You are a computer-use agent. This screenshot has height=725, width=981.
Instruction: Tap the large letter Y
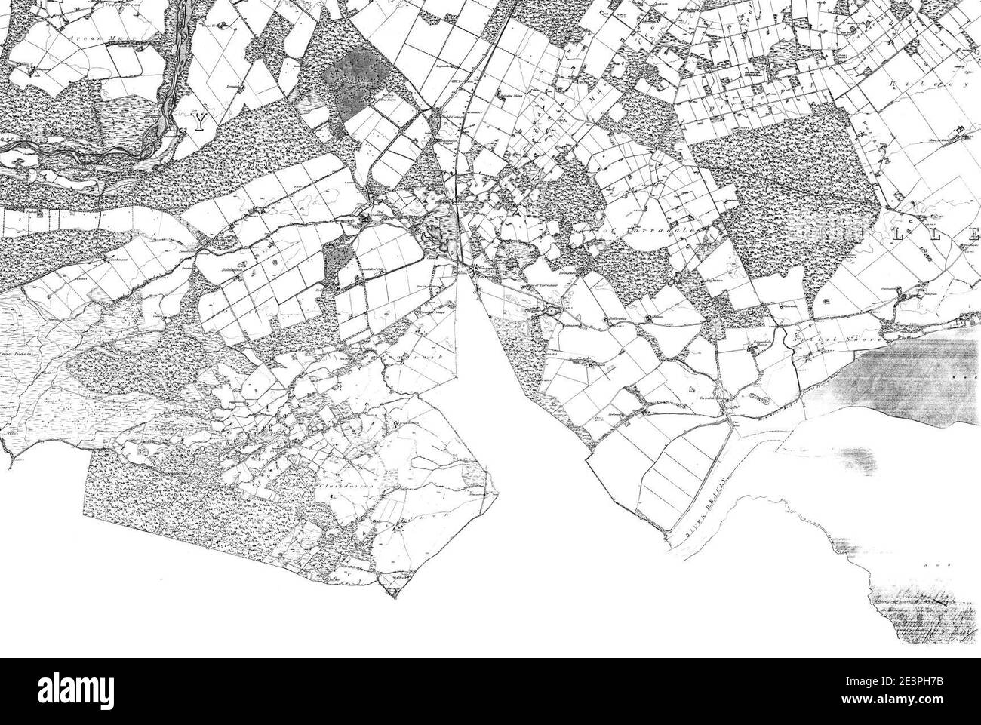[198, 123]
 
